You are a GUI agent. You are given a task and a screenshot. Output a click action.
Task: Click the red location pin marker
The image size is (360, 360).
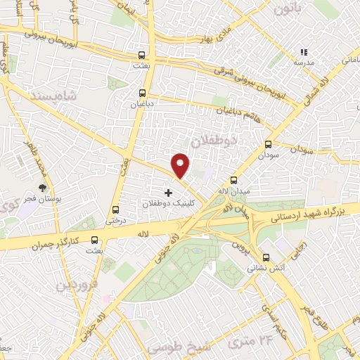pos(181,165)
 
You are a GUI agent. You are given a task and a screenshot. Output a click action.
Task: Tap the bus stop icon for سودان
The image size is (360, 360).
pos(267,145)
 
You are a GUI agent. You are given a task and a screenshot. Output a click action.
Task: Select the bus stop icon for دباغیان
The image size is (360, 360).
pos(143,93)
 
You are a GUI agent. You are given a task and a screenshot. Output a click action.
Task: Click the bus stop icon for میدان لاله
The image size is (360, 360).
pos(234,180)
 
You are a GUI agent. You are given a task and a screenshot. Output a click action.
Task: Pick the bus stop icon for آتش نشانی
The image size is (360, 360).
pos(266,258)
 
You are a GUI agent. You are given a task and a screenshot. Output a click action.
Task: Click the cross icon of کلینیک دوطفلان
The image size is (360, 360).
pos(167,193)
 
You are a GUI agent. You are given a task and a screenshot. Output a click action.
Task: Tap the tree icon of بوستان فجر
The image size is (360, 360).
pos(44,187)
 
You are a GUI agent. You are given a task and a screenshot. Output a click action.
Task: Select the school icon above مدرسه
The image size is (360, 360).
pos(304,52)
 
